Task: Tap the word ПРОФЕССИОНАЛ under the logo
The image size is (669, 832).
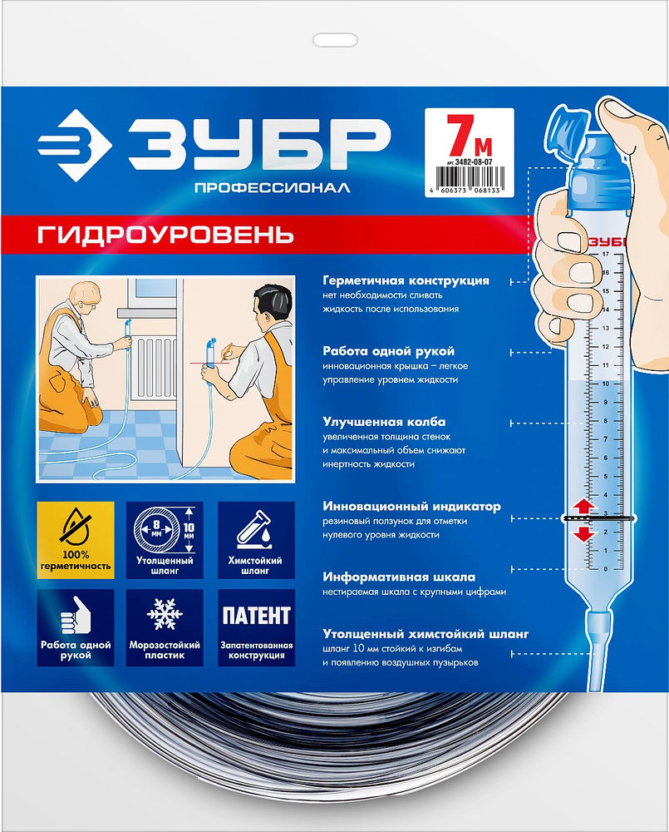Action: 271,189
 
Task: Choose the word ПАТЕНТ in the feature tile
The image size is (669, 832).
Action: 255,617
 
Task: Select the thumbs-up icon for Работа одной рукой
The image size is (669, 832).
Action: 75,616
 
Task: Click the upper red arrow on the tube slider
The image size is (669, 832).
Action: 583,506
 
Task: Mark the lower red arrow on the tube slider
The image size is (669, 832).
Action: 583,533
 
